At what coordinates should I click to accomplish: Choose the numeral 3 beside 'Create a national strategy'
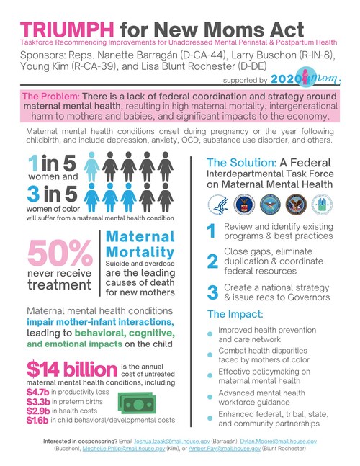click(x=212, y=313)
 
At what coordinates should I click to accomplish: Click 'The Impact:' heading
click(x=235, y=335)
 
